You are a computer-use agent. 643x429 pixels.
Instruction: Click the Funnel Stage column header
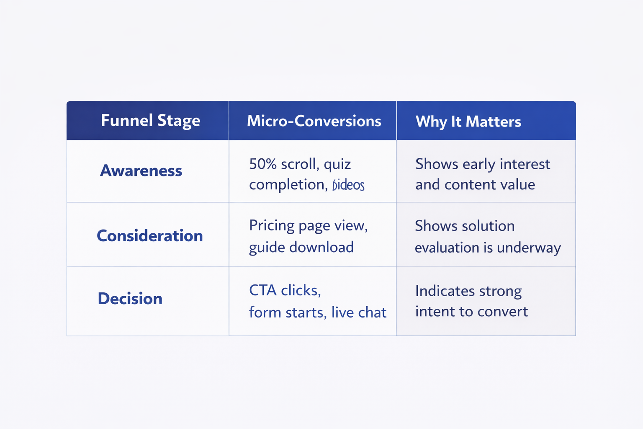[x=150, y=121]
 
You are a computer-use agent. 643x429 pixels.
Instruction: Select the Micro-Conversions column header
[x=314, y=121]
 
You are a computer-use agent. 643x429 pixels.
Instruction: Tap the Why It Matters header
[x=468, y=121]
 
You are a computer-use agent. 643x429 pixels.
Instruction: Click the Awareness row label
[x=141, y=171]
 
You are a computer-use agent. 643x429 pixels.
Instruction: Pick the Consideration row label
[x=149, y=236]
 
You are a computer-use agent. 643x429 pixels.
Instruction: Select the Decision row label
[x=130, y=299]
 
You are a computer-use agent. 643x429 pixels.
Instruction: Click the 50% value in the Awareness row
[x=263, y=164]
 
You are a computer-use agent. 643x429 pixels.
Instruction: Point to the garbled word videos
[x=348, y=185]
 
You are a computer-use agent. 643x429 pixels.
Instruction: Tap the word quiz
[x=337, y=165]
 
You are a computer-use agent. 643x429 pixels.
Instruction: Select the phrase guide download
[x=301, y=248]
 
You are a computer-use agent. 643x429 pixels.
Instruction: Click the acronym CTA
[x=262, y=290]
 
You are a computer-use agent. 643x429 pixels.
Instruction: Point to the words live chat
[x=359, y=313]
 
